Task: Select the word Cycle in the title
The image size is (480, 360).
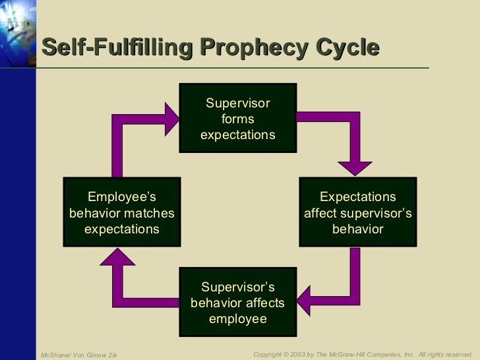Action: click(x=347, y=49)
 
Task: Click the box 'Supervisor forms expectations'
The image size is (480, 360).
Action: click(x=237, y=119)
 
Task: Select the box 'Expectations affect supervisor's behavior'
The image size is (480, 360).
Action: click(x=358, y=213)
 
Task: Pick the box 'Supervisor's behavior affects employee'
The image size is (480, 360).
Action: click(x=237, y=303)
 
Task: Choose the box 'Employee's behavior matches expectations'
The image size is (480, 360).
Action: click(x=122, y=213)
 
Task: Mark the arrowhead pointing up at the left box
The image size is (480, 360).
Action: click(x=119, y=259)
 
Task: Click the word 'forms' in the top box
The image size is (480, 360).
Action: click(x=237, y=119)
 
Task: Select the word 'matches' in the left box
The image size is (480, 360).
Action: click(x=149, y=213)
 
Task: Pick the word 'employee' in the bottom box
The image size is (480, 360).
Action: click(x=237, y=319)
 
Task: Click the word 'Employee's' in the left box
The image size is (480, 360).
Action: click(x=122, y=197)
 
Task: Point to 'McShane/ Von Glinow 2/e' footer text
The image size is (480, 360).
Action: click(x=78, y=355)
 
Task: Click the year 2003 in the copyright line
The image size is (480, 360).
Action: click(x=301, y=355)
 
